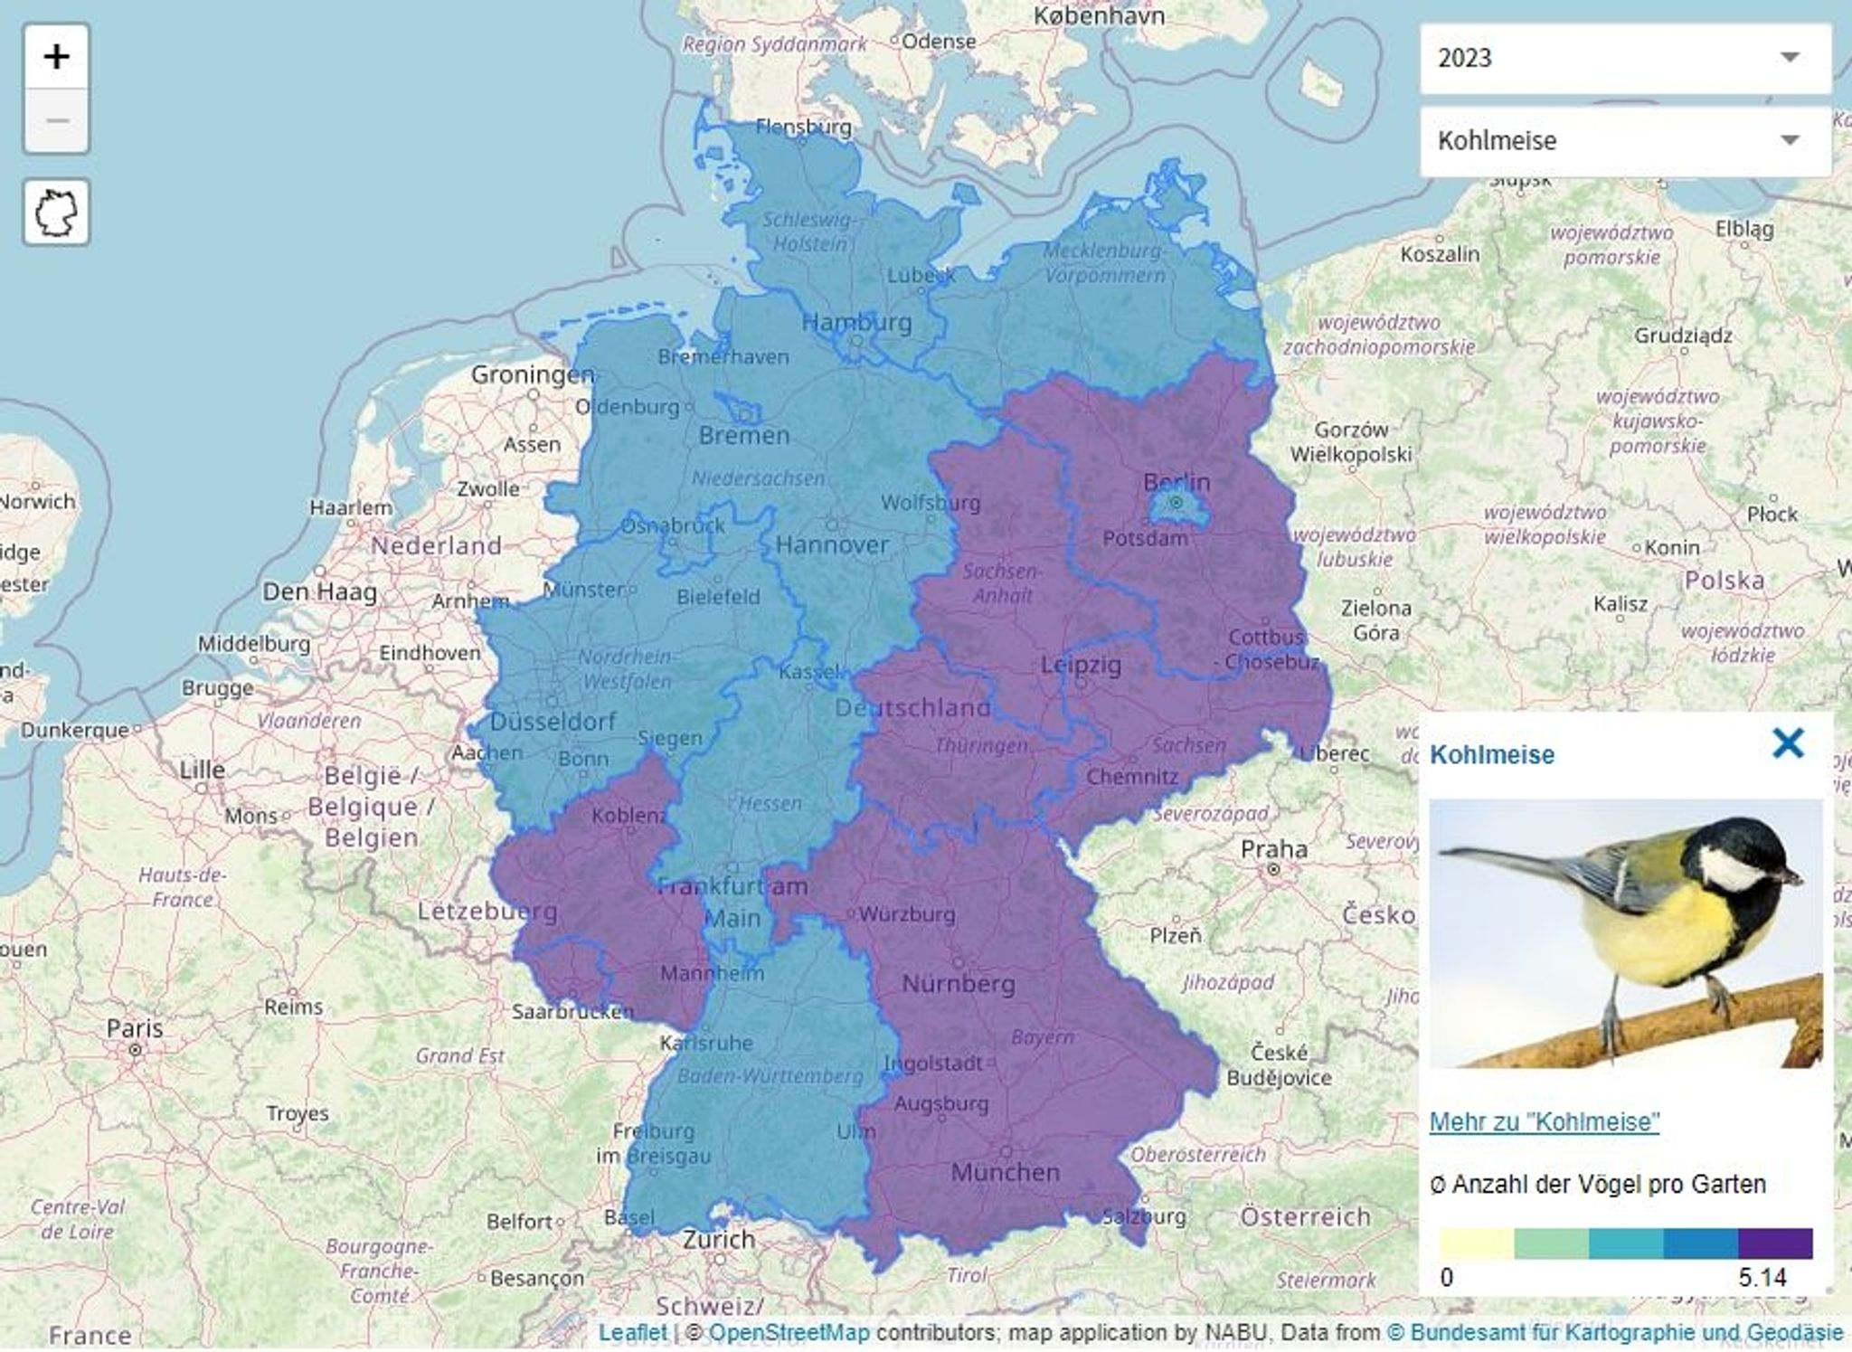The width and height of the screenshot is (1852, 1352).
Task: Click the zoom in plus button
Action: click(x=56, y=57)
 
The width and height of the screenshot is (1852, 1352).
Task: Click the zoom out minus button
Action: click(x=56, y=120)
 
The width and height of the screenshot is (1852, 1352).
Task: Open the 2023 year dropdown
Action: click(x=1625, y=58)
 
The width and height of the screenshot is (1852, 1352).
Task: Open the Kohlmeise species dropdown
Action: click(x=1625, y=140)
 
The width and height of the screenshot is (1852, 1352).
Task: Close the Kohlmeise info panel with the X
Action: click(x=1787, y=743)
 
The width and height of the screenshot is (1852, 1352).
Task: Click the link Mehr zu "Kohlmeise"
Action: click(x=1544, y=1121)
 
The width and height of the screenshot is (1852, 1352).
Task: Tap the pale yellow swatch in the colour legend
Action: click(x=1476, y=1243)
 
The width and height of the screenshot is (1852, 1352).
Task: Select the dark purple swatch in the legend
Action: click(x=1775, y=1243)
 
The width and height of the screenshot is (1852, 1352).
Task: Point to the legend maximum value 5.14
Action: click(x=1762, y=1278)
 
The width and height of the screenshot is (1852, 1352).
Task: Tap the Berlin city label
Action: click(x=1176, y=481)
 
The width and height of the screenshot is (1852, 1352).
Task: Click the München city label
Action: click(x=1005, y=1173)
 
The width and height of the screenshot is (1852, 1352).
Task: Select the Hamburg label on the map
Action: click(x=856, y=321)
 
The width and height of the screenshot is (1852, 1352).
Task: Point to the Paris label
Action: click(x=135, y=1028)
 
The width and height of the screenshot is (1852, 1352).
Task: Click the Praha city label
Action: click(x=1273, y=849)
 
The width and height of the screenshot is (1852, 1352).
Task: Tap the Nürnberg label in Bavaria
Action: click(x=959, y=983)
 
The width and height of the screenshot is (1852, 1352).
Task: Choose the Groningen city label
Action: click(x=532, y=374)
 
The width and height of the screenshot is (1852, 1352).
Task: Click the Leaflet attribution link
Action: click(x=632, y=1332)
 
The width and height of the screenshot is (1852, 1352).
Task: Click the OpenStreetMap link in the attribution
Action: click(x=789, y=1332)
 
